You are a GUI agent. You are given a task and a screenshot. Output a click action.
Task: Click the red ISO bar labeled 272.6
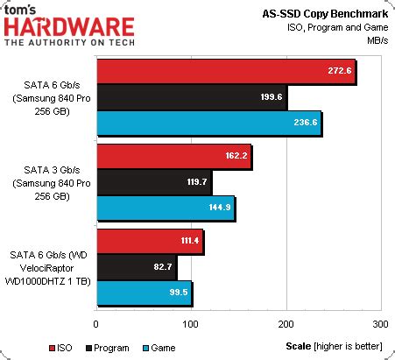tap(226, 72)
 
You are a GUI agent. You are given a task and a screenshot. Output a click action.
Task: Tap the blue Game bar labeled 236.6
tap(208, 124)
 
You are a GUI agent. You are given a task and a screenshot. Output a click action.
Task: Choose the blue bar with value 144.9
tap(166, 208)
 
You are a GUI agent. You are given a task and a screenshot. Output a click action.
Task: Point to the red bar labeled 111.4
tap(150, 241)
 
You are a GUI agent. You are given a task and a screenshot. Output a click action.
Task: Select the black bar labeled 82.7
tap(137, 266)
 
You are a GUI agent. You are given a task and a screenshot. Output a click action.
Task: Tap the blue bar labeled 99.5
tap(145, 292)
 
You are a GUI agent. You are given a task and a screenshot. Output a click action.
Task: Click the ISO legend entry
tap(23, 348)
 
